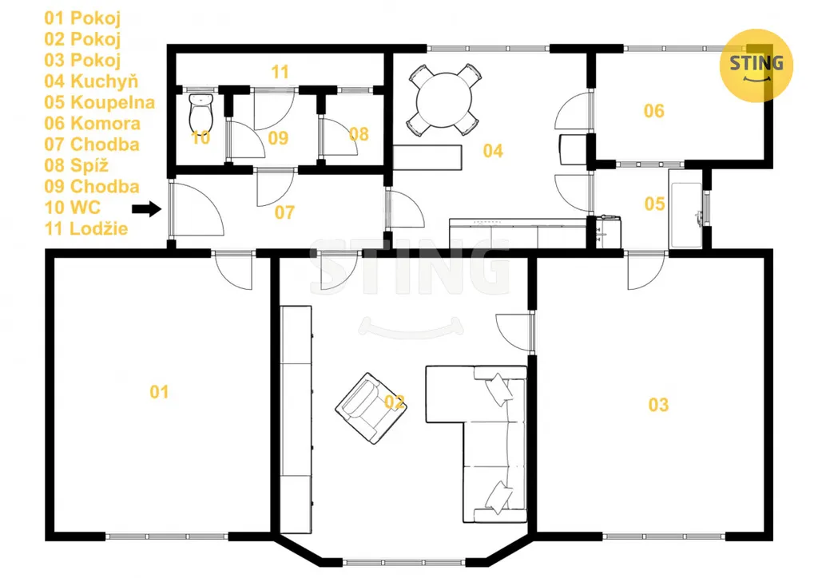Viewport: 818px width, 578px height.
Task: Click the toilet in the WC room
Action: click(201, 113)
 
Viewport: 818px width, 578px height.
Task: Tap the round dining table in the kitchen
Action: click(444, 100)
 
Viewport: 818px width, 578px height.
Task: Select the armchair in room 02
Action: click(371, 408)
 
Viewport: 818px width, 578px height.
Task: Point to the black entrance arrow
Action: click(147, 209)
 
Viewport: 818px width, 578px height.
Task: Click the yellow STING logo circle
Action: click(756, 65)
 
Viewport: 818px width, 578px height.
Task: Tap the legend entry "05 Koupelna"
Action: click(100, 102)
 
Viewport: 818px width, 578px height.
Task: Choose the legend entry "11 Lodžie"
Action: click(86, 228)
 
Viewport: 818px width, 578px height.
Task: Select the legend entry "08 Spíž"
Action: click(77, 165)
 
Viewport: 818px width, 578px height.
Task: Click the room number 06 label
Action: click(653, 111)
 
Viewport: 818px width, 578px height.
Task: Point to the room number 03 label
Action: click(658, 405)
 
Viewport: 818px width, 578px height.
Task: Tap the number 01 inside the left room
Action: click(159, 392)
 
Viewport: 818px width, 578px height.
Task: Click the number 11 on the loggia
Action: click(280, 72)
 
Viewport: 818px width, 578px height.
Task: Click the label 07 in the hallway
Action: click(284, 212)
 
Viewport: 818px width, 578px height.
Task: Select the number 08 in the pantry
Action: click(359, 134)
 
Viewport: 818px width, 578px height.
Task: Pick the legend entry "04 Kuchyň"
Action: click(91, 81)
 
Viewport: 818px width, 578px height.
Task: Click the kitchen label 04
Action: click(493, 151)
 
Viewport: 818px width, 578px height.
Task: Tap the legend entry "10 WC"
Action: click(72, 208)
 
